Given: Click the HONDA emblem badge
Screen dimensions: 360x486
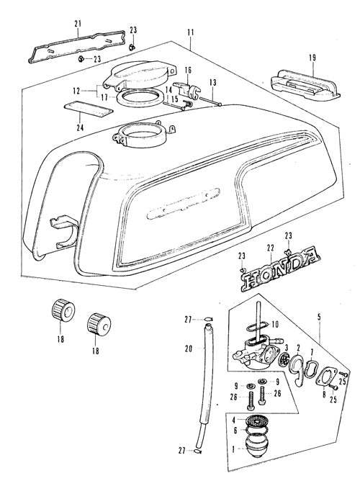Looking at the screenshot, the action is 280,269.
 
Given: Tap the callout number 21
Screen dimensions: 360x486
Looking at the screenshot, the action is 78,23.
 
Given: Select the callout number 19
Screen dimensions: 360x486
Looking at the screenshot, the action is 312,58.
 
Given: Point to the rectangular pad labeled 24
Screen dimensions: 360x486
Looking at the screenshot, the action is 88,109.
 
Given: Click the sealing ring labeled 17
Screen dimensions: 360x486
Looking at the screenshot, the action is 140,97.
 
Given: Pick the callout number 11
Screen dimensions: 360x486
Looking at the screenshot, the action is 190,32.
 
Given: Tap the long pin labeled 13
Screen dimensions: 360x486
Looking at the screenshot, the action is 210,102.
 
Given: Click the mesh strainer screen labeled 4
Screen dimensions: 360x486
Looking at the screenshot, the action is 256,421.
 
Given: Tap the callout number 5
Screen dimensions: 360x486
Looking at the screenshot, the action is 319,317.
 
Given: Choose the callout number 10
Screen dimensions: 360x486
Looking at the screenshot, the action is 275,324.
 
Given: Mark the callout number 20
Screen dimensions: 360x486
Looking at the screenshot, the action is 189,348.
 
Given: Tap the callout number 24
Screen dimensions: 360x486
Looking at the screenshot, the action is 81,127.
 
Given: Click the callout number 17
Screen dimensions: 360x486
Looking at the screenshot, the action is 104,97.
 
